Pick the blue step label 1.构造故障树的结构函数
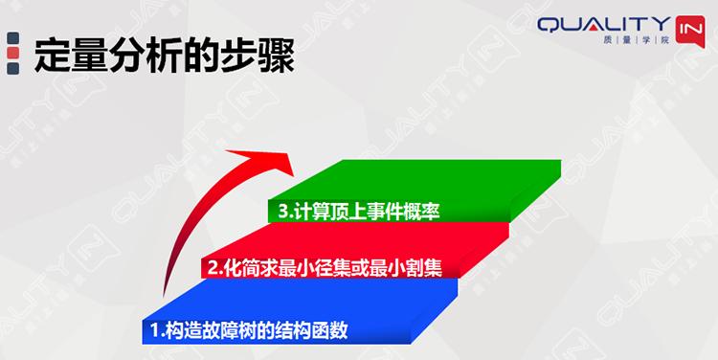[x=248, y=331]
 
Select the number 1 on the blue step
[x=156, y=331]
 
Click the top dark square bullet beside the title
[x=12, y=37]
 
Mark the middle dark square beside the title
[x=12, y=53]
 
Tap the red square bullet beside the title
[x=12, y=68]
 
